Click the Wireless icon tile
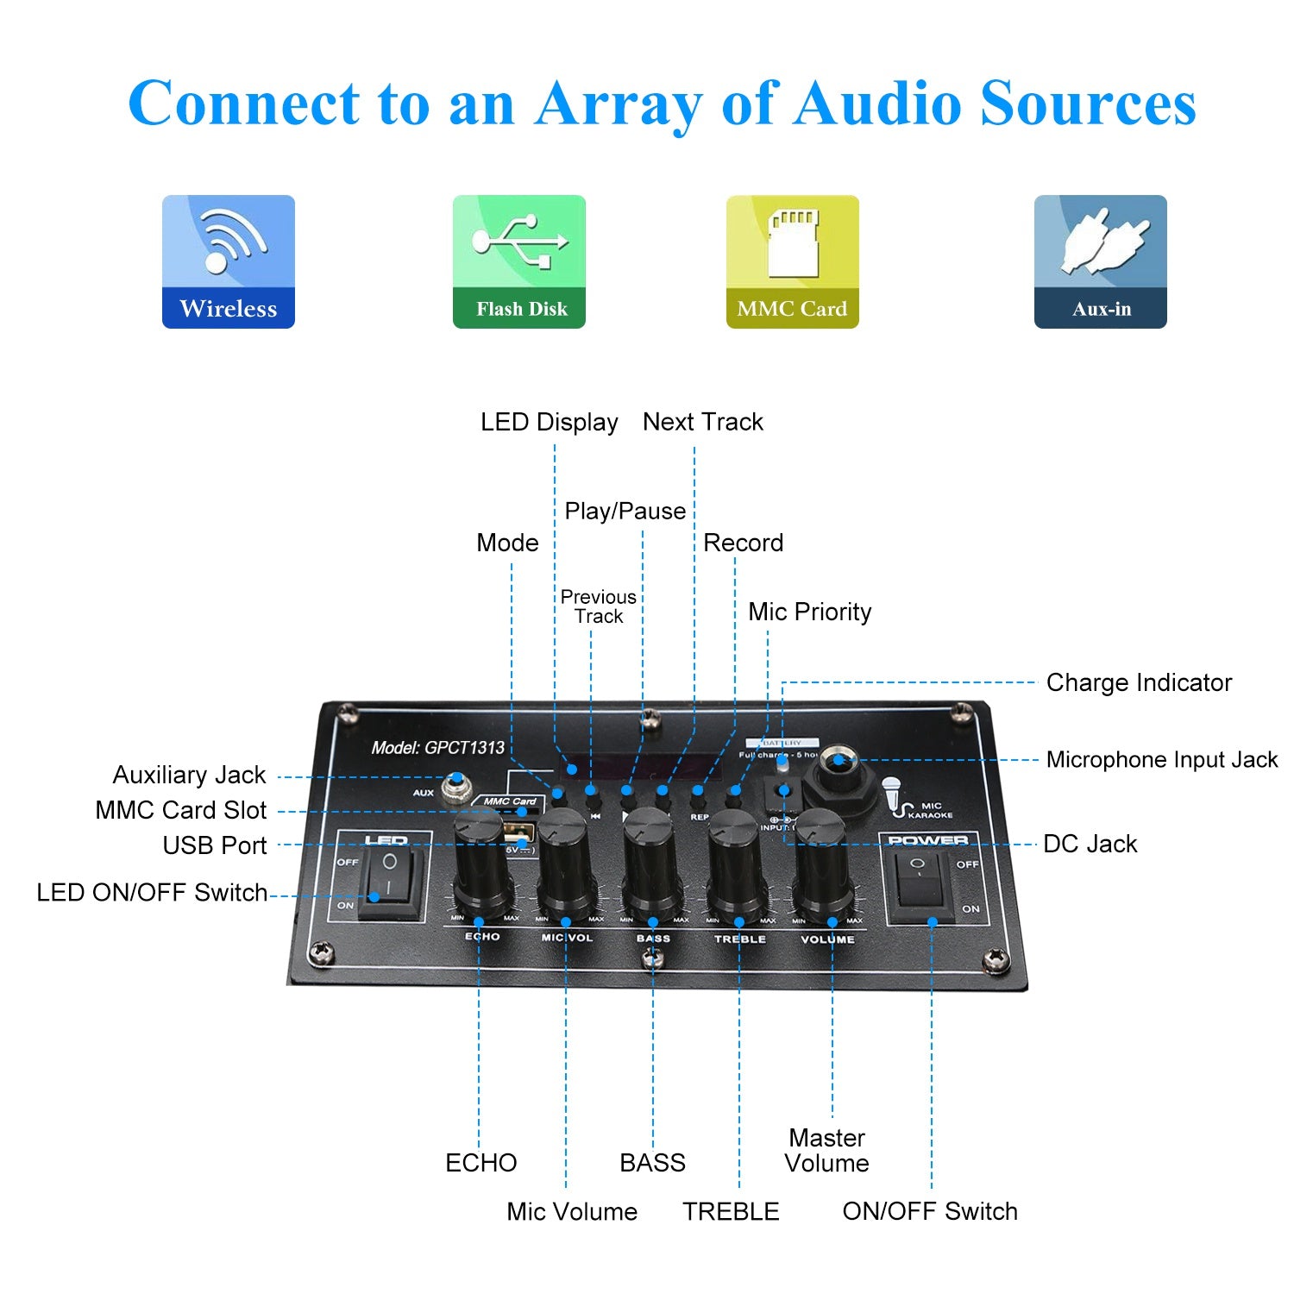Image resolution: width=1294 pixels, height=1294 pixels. [x=229, y=261]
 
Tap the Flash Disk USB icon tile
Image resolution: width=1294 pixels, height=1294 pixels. [x=519, y=261]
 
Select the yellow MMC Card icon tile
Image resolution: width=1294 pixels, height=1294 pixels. [x=792, y=261]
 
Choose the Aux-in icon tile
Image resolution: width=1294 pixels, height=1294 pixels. [x=1100, y=261]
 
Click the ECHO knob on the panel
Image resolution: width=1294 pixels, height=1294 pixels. [x=479, y=863]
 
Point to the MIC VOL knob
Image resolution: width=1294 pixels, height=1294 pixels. [x=565, y=863]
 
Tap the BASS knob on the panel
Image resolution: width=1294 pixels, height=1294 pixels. [x=650, y=863]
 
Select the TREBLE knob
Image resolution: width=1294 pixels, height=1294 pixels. [x=737, y=863]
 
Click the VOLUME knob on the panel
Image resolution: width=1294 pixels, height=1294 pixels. [x=821, y=863]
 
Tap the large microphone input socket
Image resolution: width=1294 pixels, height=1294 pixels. [x=835, y=763]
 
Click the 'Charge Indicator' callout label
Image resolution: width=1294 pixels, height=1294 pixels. [x=1139, y=683]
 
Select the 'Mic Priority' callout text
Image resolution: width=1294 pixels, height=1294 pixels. [x=809, y=612]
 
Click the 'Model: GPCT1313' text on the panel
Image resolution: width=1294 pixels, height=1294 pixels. [x=437, y=748]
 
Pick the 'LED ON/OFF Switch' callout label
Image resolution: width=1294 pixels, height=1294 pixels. [x=152, y=893]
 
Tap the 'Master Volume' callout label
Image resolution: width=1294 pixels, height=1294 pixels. [x=826, y=1150]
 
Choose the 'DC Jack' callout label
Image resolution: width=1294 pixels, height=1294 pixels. [x=1090, y=844]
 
